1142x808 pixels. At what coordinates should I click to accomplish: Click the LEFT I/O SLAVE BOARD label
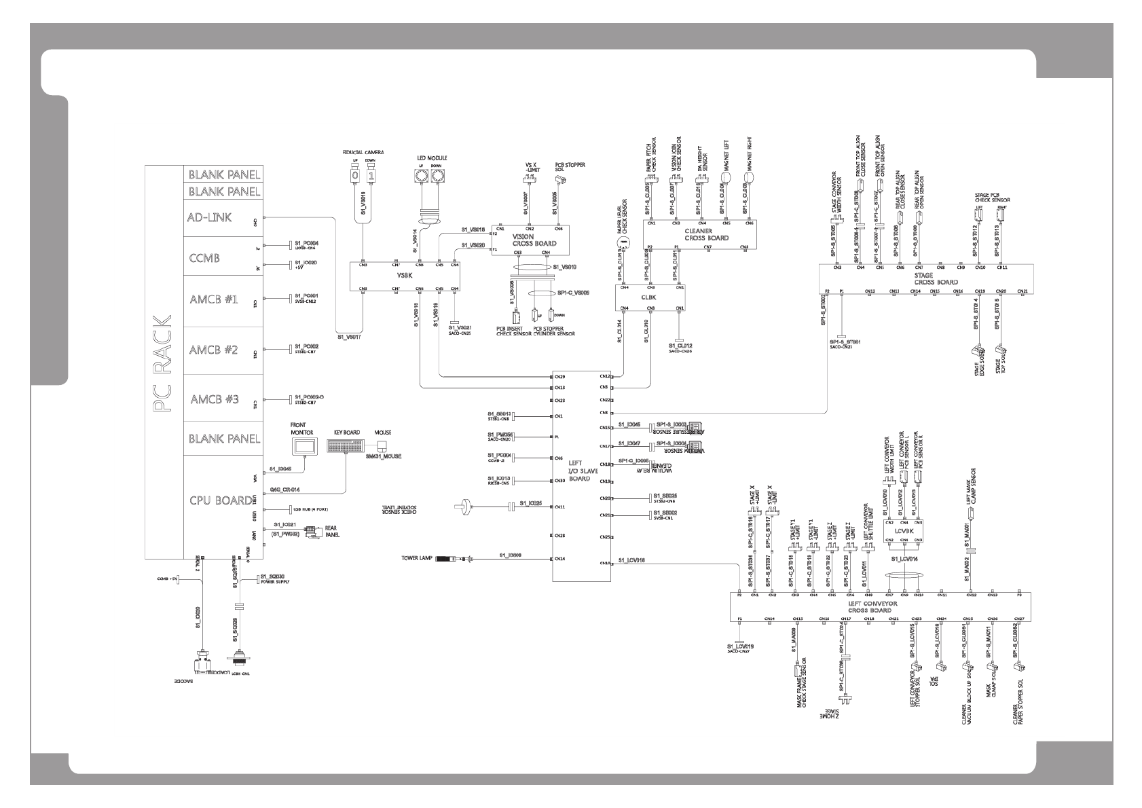click(578, 469)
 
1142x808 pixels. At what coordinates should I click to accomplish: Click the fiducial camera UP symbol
click(354, 176)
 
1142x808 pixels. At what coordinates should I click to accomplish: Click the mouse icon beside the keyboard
click(382, 446)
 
